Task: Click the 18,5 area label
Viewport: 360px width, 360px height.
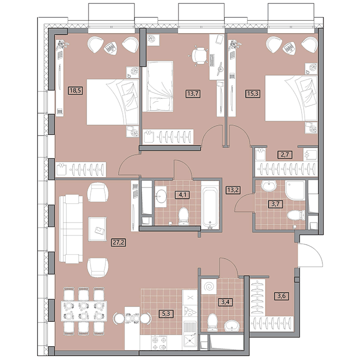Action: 76,90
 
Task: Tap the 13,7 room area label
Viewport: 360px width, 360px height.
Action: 193,93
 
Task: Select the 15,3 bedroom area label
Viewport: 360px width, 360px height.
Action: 253,93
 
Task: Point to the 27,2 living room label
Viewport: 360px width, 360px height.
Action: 119,242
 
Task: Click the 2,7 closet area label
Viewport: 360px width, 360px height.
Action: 285,154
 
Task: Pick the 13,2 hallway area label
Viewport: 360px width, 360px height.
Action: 233,190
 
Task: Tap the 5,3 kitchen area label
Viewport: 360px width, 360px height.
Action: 166,314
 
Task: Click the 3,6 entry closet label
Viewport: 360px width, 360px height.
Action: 281,296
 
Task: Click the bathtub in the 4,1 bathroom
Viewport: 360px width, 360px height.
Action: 210,206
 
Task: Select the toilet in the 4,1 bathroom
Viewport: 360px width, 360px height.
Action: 183,216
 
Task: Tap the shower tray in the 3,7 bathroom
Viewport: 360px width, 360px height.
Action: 295,190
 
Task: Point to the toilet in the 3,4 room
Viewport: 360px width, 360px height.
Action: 212,322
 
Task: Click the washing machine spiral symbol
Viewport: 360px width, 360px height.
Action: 209,286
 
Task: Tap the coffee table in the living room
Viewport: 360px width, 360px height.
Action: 97,229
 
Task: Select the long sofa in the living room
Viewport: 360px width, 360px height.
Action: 71,229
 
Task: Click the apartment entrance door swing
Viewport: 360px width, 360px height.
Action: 311,255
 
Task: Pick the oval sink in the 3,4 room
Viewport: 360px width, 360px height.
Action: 232,325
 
